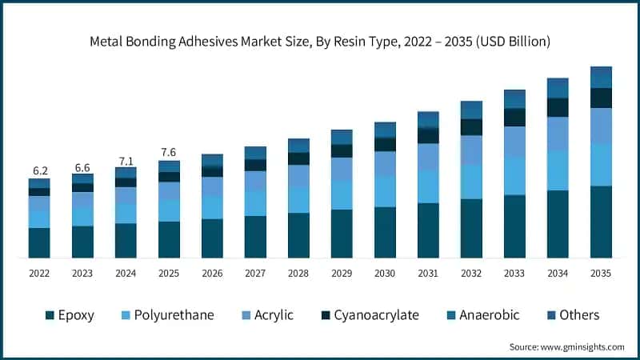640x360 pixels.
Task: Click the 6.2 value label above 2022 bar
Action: coord(39,171)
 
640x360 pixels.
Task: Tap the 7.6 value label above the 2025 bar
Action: coord(169,153)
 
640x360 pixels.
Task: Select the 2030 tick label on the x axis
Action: coord(385,273)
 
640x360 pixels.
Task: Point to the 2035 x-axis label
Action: coord(601,273)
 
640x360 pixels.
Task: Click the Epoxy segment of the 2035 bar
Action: coord(601,222)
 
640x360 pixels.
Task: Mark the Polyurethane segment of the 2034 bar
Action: coord(558,170)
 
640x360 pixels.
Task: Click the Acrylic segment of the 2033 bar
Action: coord(514,142)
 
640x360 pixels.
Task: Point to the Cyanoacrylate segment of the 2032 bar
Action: coord(471,127)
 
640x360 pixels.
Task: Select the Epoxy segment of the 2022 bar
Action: coord(39,242)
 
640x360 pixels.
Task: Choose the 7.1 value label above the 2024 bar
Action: coord(126,162)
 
